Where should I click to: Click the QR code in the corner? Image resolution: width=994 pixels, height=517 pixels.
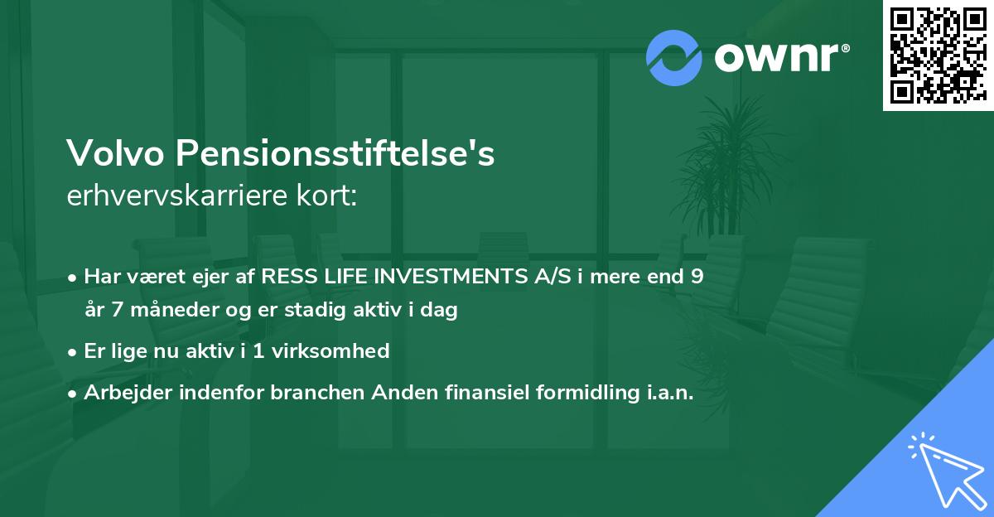938,55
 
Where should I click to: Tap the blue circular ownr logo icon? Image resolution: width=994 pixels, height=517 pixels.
673,58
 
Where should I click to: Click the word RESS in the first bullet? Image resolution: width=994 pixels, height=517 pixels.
287,277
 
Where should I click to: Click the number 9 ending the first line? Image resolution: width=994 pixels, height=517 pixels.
698,277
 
